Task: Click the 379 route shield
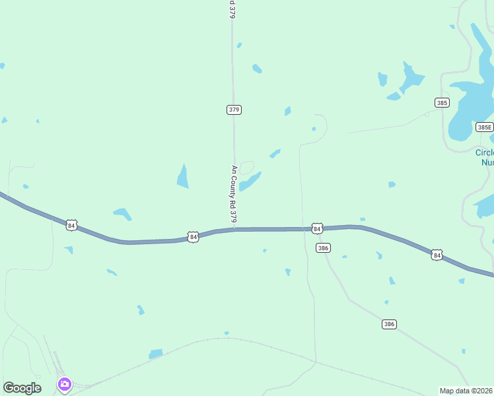pos(234,110)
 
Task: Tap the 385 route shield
pos(442,102)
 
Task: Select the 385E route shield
pos(484,127)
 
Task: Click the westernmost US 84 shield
pos(72,225)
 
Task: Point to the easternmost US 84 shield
pos(436,254)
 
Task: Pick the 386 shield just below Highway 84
pos(323,248)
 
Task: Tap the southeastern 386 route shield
pos(389,324)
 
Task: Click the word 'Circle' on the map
pos(484,152)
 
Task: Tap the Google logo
pos(22,388)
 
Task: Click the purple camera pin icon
pos(64,384)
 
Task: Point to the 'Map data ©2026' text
pos(466,391)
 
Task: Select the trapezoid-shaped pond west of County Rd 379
pos(183,176)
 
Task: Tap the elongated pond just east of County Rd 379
pos(250,181)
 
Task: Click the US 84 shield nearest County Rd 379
pos(192,236)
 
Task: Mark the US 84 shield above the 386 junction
pos(317,228)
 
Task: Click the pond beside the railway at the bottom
pos(156,354)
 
